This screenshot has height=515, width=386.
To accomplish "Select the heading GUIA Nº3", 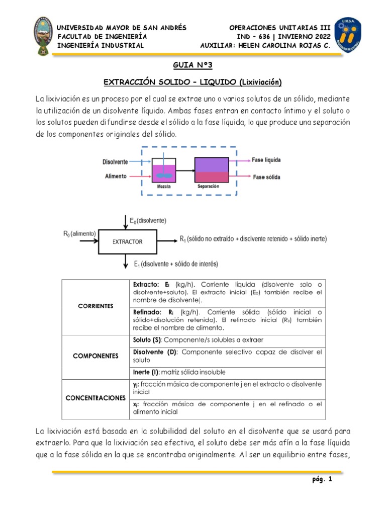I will click(x=192, y=65).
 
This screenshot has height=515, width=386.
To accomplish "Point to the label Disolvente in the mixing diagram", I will click(x=115, y=162).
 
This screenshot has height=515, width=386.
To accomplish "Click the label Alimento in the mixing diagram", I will click(x=116, y=177).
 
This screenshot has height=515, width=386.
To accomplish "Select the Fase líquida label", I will click(x=266, y=160).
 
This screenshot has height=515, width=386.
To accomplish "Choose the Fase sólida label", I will click(x=266, y=177).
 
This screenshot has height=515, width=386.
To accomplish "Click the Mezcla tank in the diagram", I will click(x=164, y=171).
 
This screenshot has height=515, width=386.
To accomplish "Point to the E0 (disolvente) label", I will click(x=148, y=220).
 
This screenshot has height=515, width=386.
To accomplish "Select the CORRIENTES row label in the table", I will click(x=95, y=306).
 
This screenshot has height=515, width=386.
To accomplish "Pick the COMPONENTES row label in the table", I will click(x=95, y=356).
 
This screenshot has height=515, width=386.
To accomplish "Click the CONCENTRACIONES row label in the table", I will click(x=95, y=398).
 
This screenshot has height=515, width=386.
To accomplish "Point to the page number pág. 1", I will click(x=322, y=480).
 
